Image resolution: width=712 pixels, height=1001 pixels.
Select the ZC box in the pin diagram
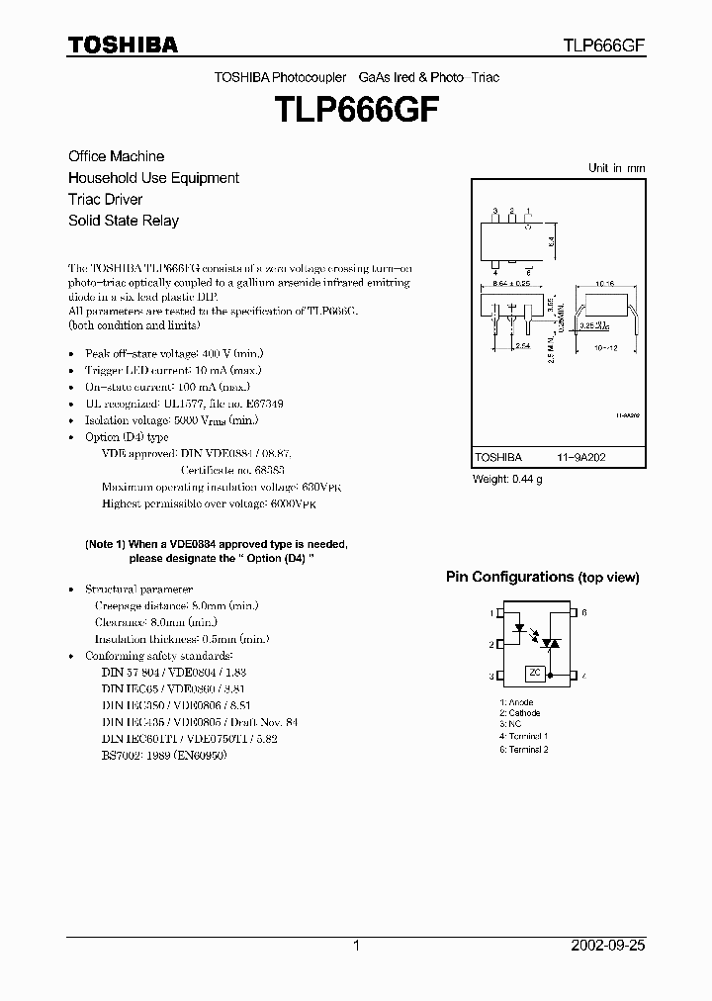pos(535,673)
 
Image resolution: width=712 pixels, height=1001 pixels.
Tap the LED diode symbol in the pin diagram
pos(516,627)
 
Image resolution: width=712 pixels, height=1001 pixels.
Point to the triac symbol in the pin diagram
pos(553,643)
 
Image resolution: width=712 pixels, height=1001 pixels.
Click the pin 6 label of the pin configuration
pos(584,613)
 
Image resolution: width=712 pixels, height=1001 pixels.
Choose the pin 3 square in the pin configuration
pos(499,677)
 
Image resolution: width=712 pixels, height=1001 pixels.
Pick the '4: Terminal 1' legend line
pos(524,736)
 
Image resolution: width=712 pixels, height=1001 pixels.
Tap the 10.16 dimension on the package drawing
pos(604,282)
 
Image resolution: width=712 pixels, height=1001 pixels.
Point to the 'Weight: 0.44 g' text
pos(507,480)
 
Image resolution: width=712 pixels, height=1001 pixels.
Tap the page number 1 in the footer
pos(356,946)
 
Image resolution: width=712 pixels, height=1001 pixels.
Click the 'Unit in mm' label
pos(616,168)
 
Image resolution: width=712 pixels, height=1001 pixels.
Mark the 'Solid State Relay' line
pos(124,221)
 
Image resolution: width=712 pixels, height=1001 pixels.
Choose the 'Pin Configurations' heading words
pos(509,577)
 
